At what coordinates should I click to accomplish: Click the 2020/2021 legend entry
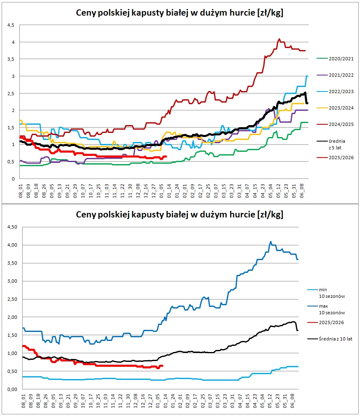(x=335, y=59)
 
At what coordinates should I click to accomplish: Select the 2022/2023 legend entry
(x=335, y=91)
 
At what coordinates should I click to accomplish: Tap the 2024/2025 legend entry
(x=335, y=124)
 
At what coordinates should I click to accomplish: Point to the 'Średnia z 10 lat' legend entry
(x=330, y=339)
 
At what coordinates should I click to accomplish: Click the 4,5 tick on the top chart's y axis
(x=11, y=25)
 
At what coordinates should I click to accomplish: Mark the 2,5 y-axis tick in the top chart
(x=11, y=94)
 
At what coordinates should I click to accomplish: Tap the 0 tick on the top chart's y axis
(x=13, y=179)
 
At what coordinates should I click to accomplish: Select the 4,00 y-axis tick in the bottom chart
(x=12, y=245)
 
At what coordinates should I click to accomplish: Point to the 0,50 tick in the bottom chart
(x=12, y=371)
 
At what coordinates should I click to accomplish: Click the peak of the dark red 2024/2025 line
(x=279, y=39)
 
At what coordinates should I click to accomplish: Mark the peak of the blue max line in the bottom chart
(x=271, y=241)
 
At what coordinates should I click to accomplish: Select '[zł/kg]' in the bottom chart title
(x=270, y=215)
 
